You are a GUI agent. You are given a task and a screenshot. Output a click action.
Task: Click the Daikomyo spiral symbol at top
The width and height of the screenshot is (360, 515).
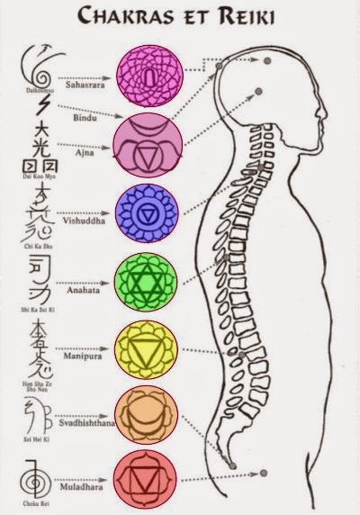click(36, 66)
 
